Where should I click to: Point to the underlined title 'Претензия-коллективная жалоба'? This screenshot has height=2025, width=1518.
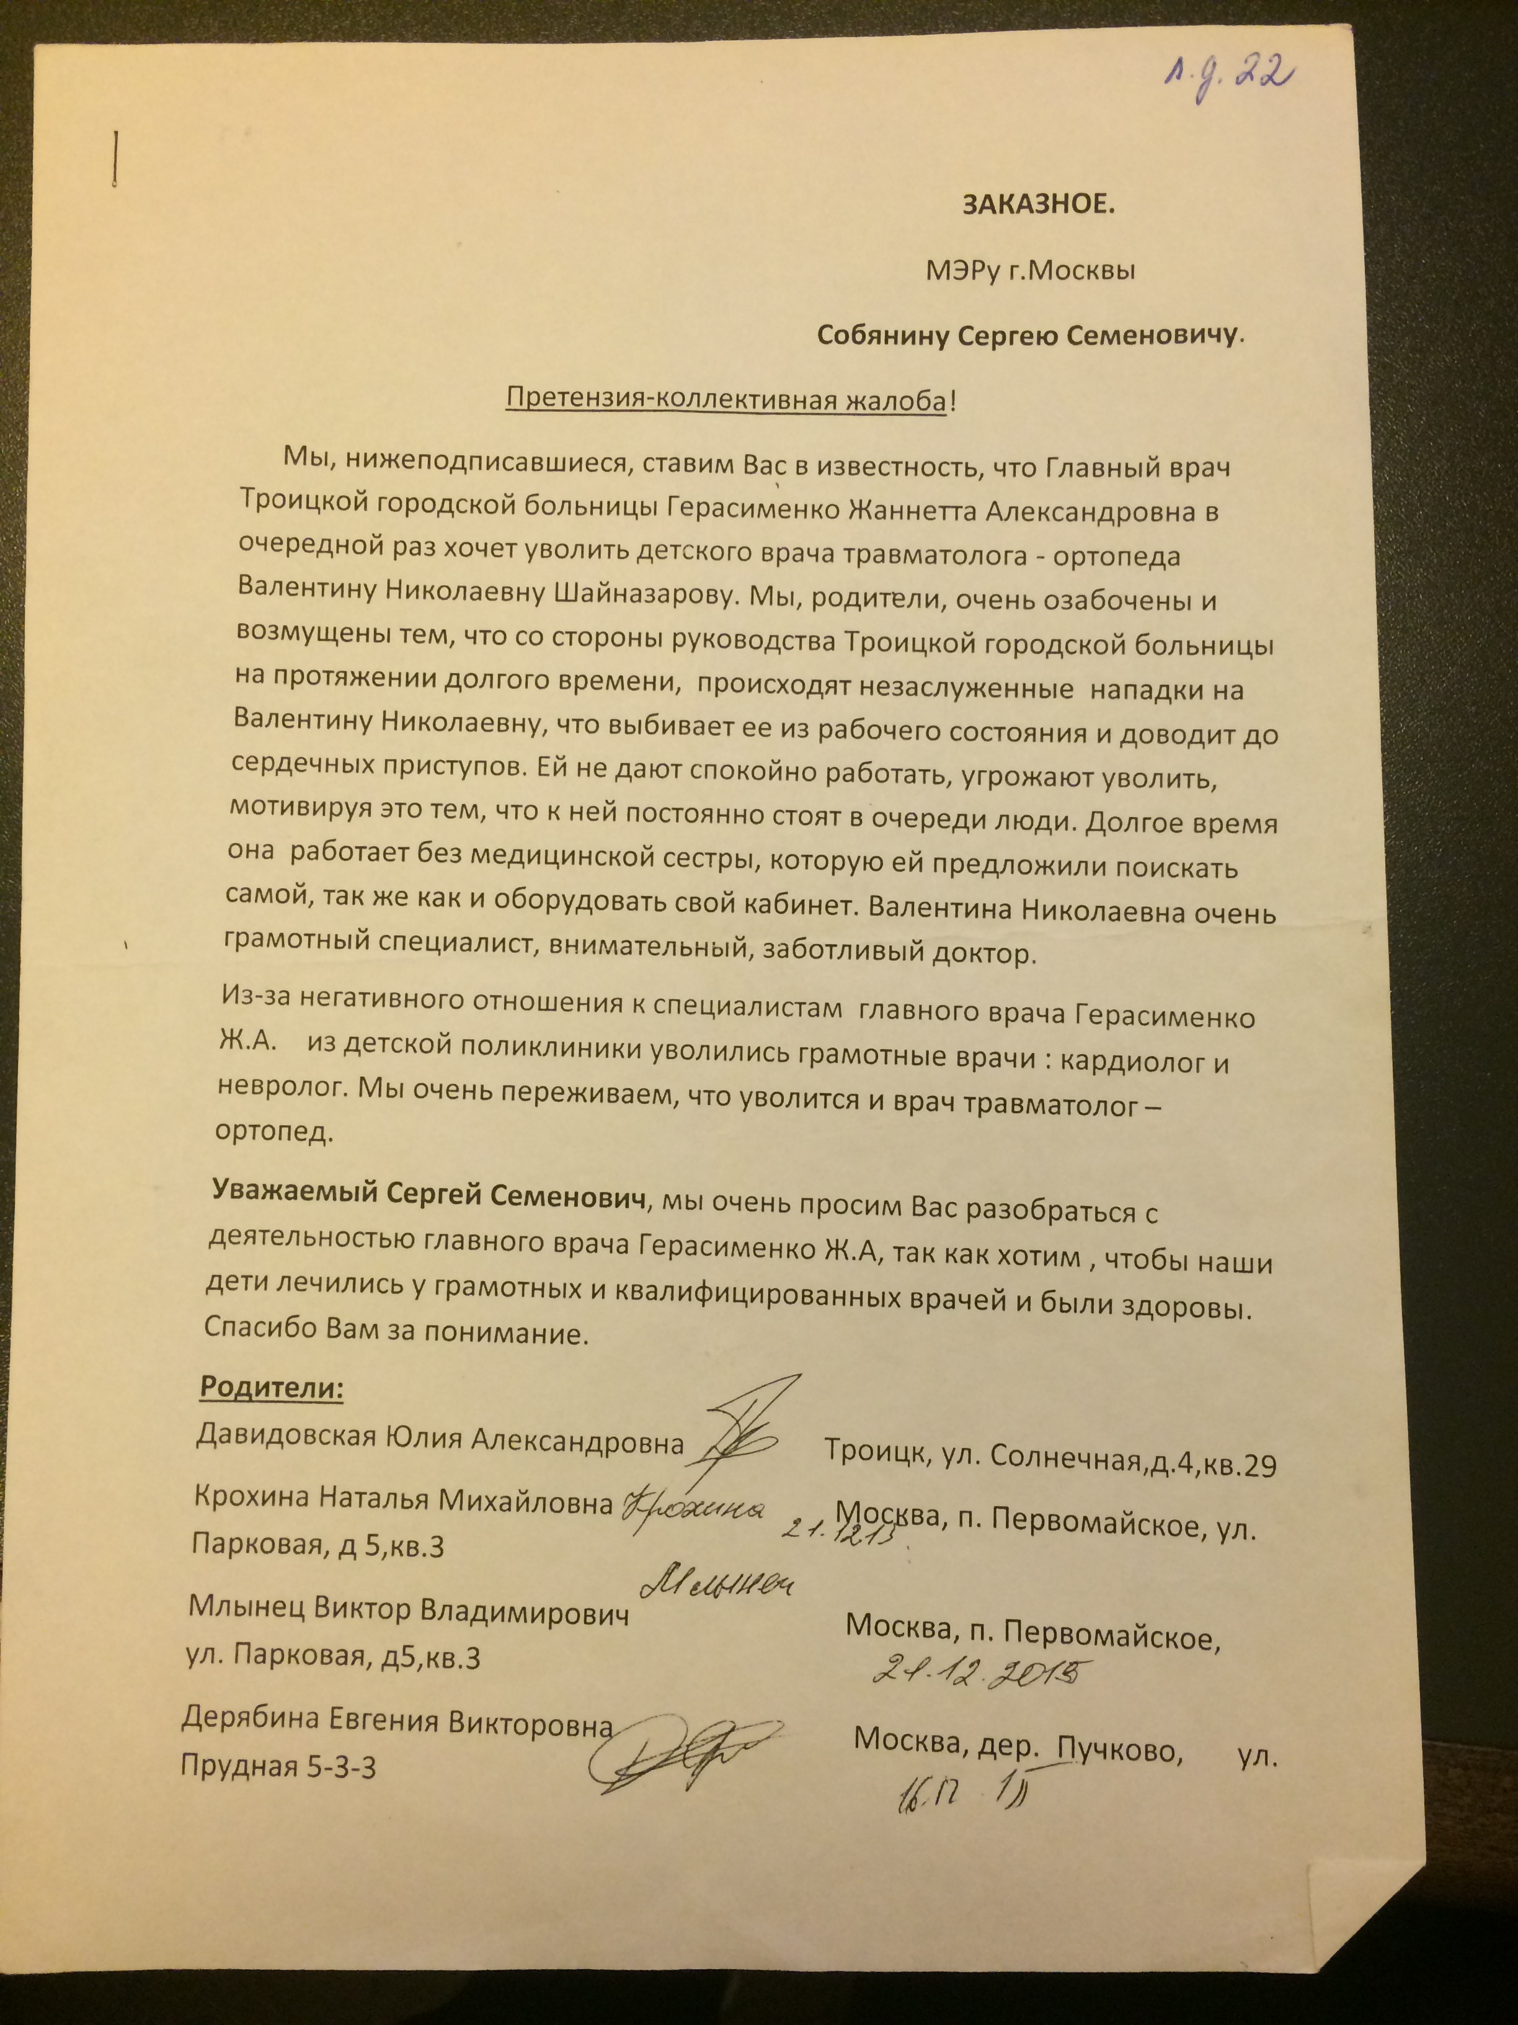727,400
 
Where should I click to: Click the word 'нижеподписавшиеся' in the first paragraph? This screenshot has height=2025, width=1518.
481,464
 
